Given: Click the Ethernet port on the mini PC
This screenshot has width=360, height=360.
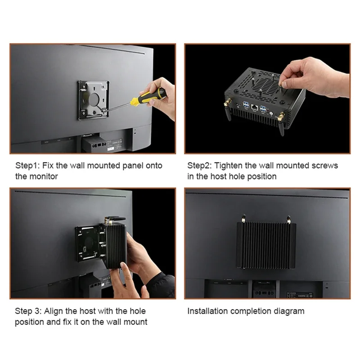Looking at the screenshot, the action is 254,107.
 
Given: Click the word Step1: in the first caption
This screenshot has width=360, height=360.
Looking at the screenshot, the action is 27,166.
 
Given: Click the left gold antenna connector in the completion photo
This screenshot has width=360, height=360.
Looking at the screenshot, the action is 243,219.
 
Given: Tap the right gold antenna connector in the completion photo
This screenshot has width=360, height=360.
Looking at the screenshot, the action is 289,220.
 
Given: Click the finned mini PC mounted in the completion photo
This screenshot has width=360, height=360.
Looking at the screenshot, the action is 266,245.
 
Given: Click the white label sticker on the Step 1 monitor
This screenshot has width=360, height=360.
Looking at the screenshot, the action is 111,149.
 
